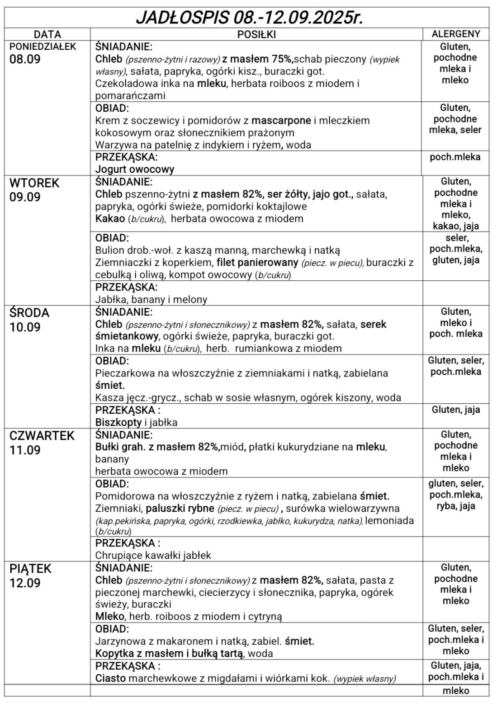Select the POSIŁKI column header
[x=256, y=34]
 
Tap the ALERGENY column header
[x=456, y=34]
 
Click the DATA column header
[x=47, y=34]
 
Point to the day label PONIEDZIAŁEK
[x=43, y=47]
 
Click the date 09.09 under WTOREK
[x=25, y=198]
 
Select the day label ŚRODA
[x=29, y=313]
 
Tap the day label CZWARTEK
[x=42, y=436]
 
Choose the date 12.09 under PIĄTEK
[x=25, y=583]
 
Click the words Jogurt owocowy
[x=135, y=170]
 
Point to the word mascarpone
[x=281, y=121]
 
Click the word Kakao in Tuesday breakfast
[x=109, y=219]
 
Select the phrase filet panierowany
[x=257, y=263]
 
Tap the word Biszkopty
[x=118, y=423]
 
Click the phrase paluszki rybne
[x=180, y=508]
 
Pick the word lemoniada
[x=389, y=520]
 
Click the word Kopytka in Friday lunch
[x=114, y=653]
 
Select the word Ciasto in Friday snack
[x=110, y=678]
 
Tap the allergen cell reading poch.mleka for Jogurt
[x=455, y=157]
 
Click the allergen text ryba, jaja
[x=455, y=506]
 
